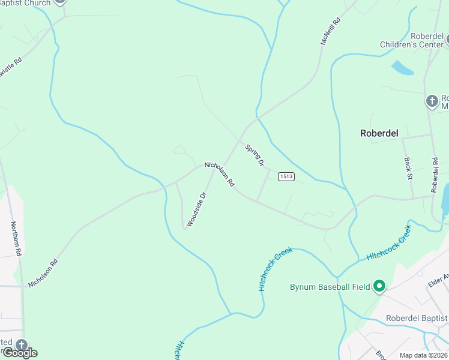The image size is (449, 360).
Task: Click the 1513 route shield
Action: tap(286, 176)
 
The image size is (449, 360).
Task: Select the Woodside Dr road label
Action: tap(196, 209)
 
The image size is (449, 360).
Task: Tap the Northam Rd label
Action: tap(16, 239)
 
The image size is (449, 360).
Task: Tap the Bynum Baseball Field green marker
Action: tap(379, 287)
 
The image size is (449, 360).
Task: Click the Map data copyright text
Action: tap(424, 355)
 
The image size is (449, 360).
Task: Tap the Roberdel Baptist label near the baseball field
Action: tap(417, 318)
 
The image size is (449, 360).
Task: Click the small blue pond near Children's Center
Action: tap(402, 68)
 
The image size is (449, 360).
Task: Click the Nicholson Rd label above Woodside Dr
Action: tap(219, 174)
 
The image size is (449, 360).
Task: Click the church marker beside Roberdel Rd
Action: tap(432, 101)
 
